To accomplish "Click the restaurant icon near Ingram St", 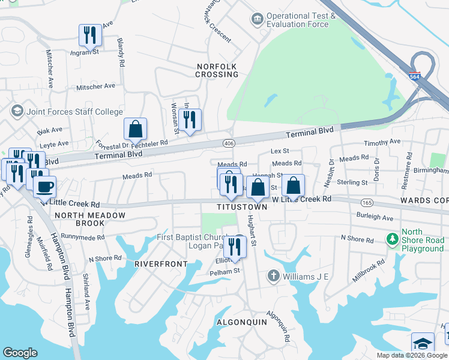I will [90, 35].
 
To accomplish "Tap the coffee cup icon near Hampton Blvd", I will [44, 186].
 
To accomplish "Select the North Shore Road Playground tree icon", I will [392, 240].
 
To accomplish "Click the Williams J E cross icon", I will [273, 276].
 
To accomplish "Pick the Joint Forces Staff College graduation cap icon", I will [17, 111].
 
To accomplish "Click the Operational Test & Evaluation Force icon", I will [258, 20].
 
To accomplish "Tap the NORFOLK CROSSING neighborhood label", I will [217, 70].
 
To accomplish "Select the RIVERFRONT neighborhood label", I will [157, 263].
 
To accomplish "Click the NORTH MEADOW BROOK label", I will [90, 220].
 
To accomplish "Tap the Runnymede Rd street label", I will [82, 237].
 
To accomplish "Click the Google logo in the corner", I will [20, 353].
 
